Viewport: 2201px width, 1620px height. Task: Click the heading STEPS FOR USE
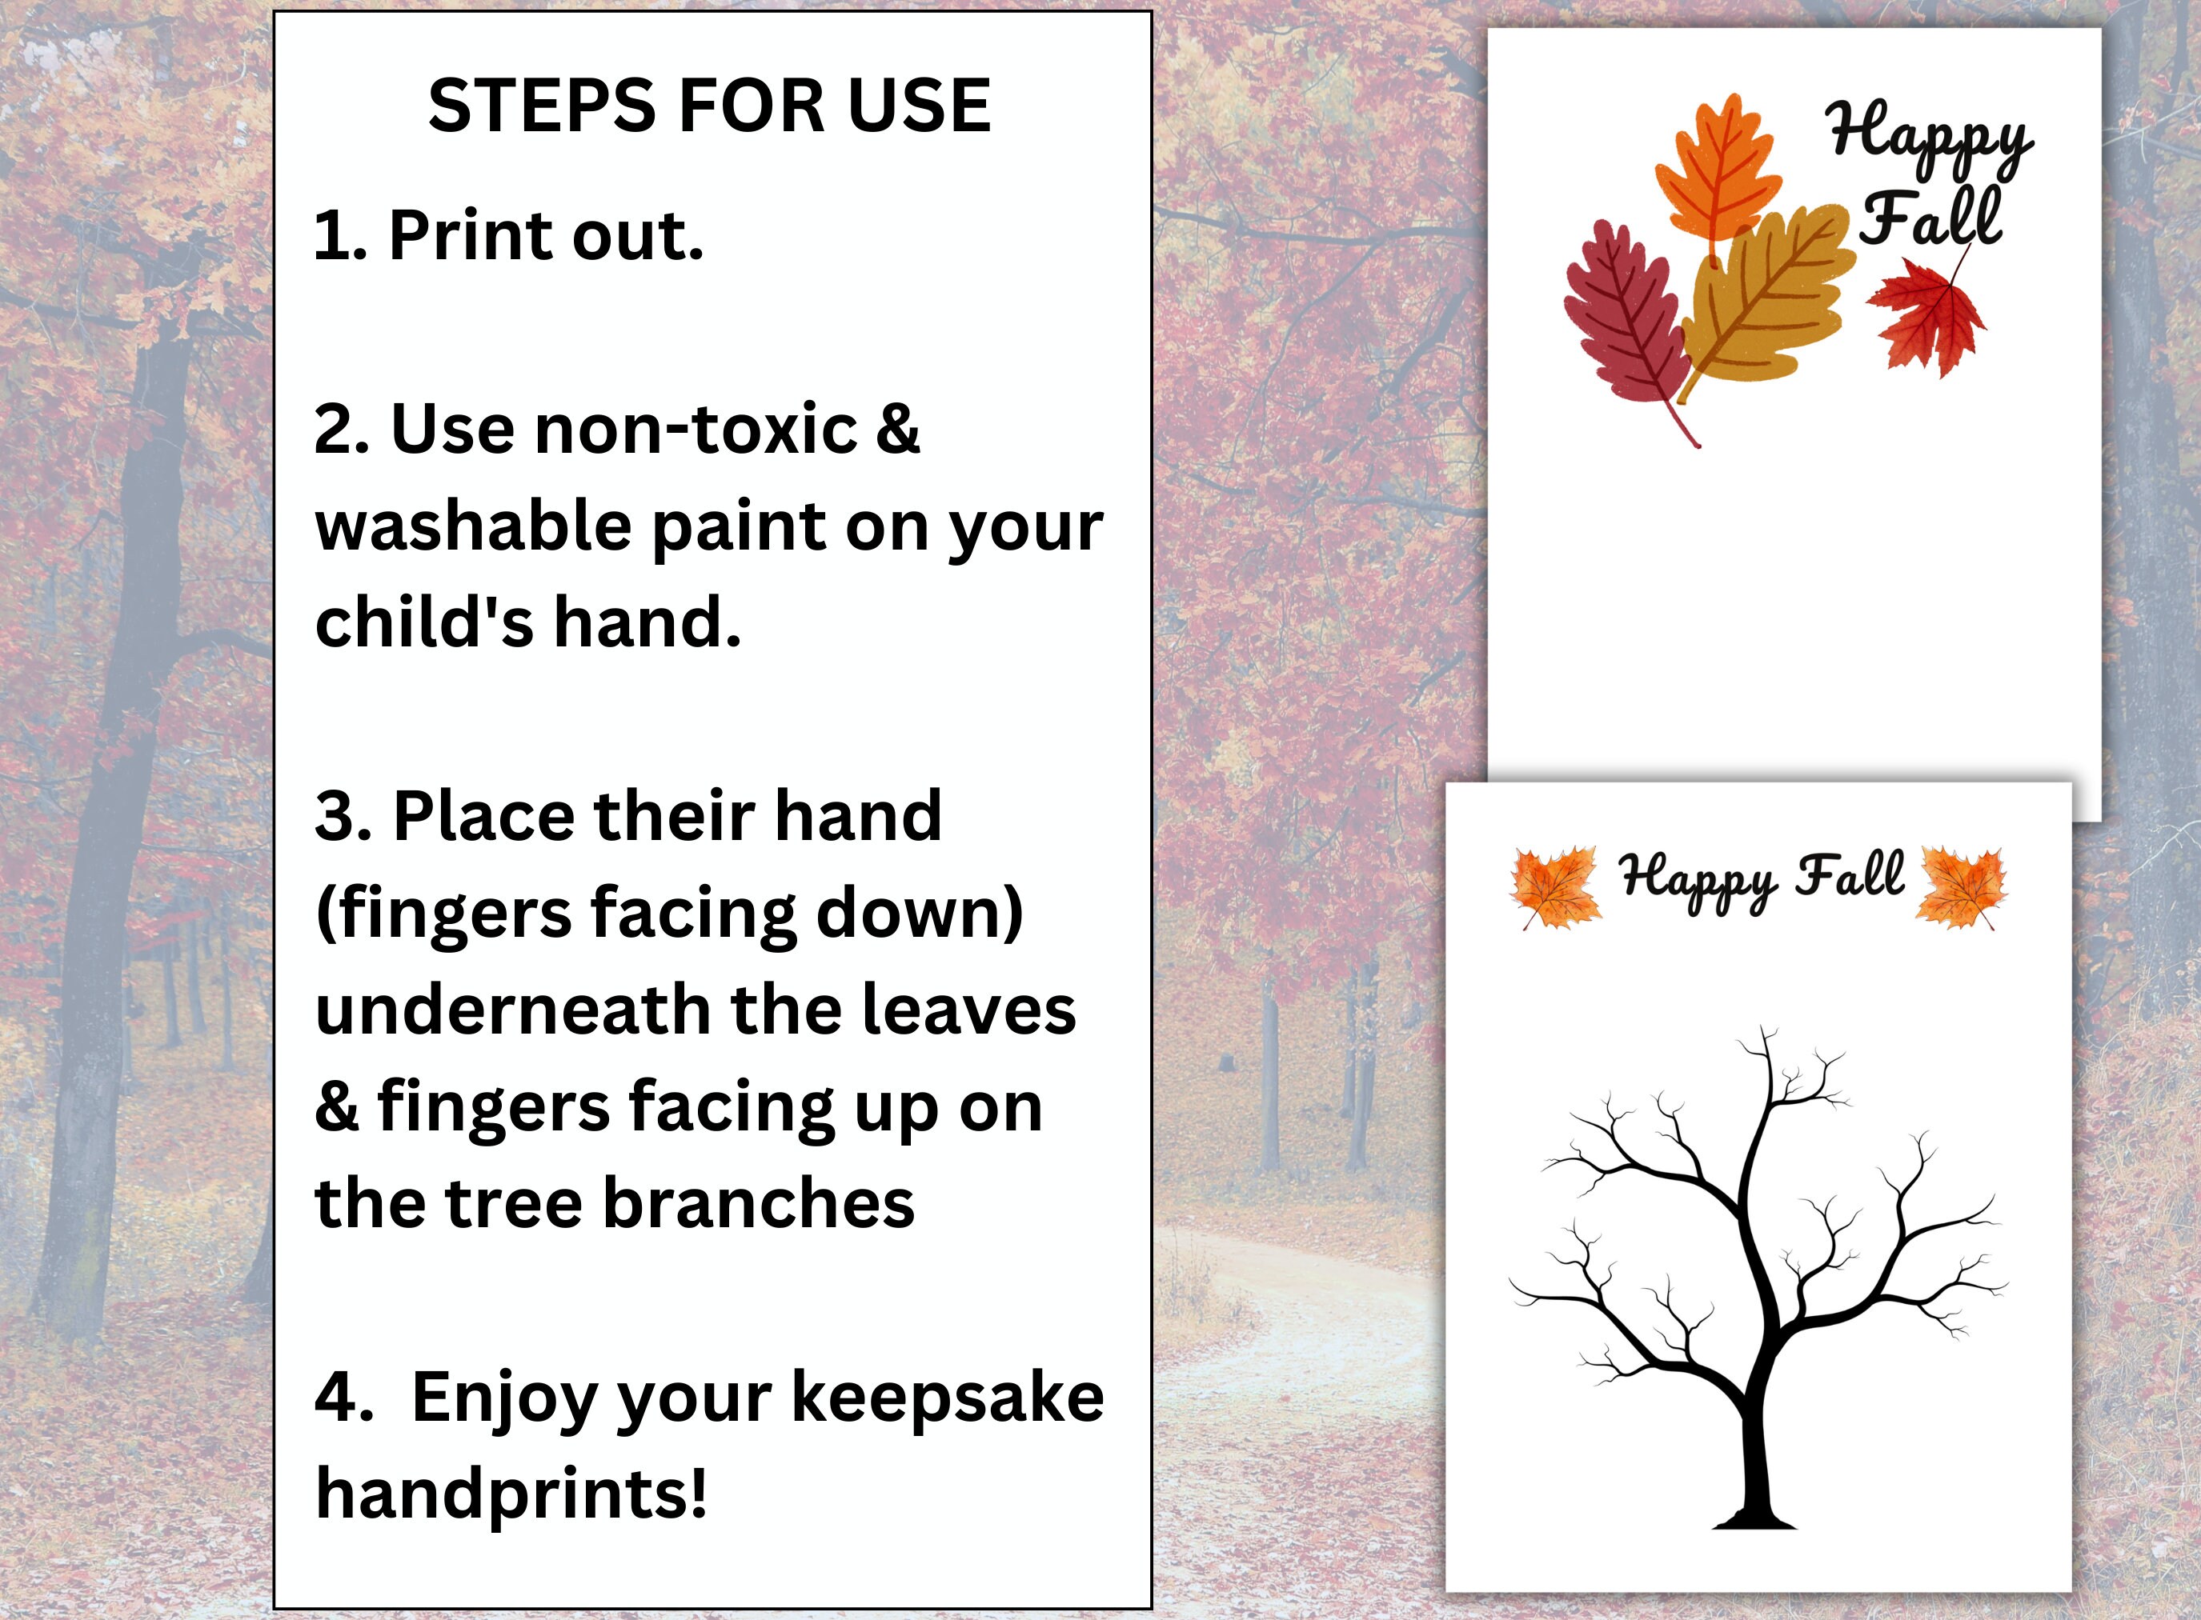709,105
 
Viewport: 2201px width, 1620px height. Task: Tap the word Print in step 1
470,235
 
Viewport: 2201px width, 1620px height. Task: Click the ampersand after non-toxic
897,430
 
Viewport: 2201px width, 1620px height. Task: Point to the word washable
473,526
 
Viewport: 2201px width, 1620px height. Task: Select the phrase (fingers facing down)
669,914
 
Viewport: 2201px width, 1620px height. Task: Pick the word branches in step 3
757,1203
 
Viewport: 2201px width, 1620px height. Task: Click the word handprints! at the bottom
511,1494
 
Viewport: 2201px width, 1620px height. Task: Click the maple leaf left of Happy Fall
1554,886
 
